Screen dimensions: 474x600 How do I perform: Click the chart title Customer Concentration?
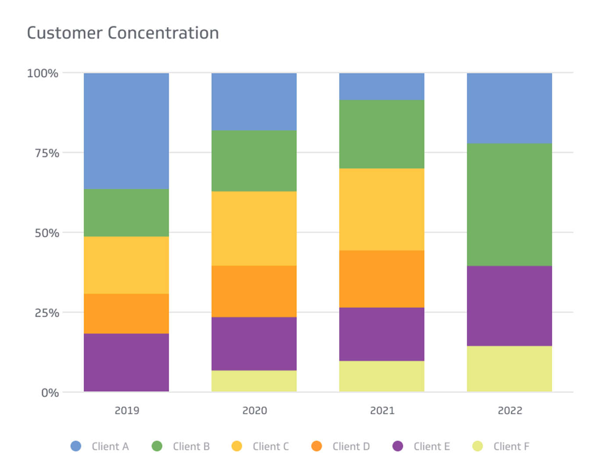pos(123,33)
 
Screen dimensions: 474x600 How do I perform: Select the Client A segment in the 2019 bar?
pos(126,131)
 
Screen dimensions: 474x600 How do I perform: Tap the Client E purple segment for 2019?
pos(126,362)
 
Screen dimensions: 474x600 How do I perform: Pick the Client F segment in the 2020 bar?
pos(254,381)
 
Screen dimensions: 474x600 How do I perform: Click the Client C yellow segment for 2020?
pos(254,228)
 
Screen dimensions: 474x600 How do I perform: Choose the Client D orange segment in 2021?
pos(382,279)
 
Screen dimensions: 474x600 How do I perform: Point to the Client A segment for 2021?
pos(382,86)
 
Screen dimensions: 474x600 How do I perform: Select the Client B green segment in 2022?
pos(509,205)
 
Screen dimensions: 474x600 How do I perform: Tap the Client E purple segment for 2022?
pos(509,305)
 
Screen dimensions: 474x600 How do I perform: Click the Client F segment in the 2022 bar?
pos(509,369)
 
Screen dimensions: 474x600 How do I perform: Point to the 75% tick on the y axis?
pos(47,153)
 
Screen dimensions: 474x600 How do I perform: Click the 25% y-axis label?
pos(47,313)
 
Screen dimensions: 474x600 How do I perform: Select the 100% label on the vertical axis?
pos(43,73)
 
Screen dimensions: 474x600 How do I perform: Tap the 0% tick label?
pos(50,393)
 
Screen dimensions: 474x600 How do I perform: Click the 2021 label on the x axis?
pos(382,410)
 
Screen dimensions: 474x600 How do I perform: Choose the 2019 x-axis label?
pos(127,410)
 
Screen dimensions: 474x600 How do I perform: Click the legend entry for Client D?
pos(350,446)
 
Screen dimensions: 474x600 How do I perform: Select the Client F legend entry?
pos(511,446)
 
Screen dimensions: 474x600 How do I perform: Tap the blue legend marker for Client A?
pos(76,446)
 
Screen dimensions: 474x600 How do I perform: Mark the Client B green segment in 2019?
pos(126,212)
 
